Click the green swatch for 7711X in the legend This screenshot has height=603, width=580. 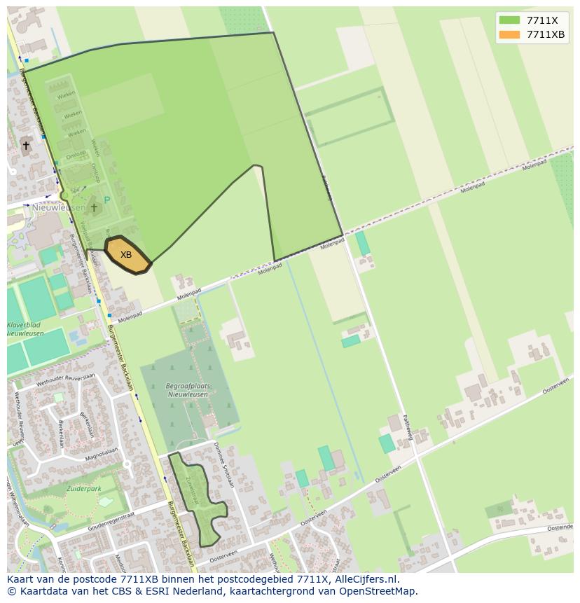[x=509, y=20]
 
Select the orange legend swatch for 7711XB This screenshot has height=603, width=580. [x=509, y=34]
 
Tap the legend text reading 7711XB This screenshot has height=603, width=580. [x=546, y=34]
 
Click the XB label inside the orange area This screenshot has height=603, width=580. [x=126, y=255]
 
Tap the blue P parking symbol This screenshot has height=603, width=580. [x=107, y=200]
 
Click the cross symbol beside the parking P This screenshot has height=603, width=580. [x=94, y=207]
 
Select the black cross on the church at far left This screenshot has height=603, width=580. [x=26, y=146]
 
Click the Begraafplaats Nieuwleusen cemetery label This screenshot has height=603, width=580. [x=188, y=390]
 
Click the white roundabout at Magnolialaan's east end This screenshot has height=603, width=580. [x=127, y=464]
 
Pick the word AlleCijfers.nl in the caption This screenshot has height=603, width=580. [x=365, y=579]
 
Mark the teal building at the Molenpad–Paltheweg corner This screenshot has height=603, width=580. [x=362, y=244]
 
